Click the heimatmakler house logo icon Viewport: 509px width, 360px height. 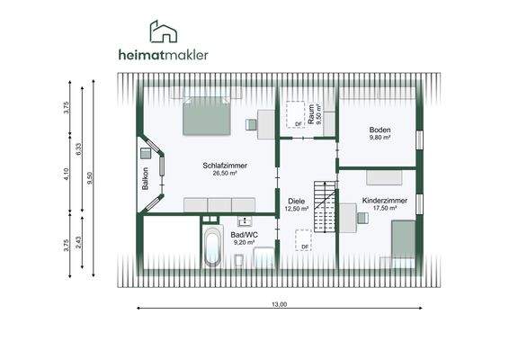(162, 32)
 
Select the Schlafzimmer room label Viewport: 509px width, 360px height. (225, 166)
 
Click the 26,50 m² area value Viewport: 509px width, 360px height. (225, 174)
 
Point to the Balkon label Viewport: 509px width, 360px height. (145, 178)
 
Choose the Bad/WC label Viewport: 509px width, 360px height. (244, 234)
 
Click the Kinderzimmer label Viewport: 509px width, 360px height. (385, 200)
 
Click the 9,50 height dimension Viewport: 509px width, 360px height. (90, 177)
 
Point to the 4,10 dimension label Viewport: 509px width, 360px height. (67, 175)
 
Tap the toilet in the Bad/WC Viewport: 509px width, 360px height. (238, 261)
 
